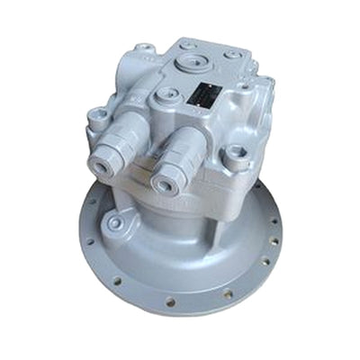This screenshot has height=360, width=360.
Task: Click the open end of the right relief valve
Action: click(166, 183)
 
